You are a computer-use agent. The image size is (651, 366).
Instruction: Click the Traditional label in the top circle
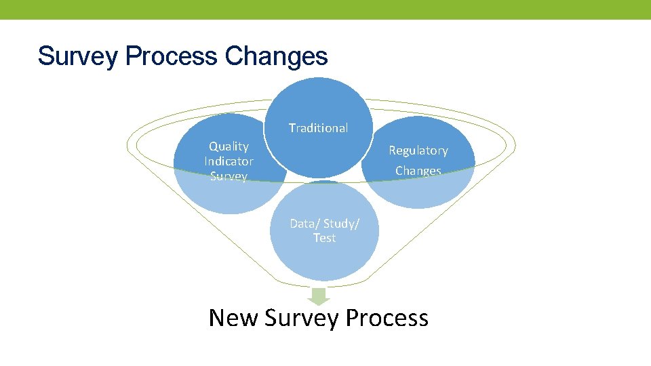click(318, 128)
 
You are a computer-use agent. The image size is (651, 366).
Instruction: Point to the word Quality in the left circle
click(229, 146)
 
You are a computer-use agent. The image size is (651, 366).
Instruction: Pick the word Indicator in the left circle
click(229, 161)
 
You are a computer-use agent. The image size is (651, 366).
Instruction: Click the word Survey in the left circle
click(229, 176)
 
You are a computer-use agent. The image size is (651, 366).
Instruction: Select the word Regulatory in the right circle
click(418, 150)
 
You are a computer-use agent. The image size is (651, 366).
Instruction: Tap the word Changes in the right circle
click(418, 171)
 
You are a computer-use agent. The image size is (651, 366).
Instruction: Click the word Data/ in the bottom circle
click(304, 224)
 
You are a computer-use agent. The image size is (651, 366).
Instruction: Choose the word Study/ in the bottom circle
click(342, 224)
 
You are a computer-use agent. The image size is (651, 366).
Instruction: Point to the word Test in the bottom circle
click(324, 238)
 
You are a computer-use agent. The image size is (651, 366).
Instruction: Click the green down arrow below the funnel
click(318, 296)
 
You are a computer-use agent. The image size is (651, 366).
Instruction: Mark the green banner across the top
click(325, 9)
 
